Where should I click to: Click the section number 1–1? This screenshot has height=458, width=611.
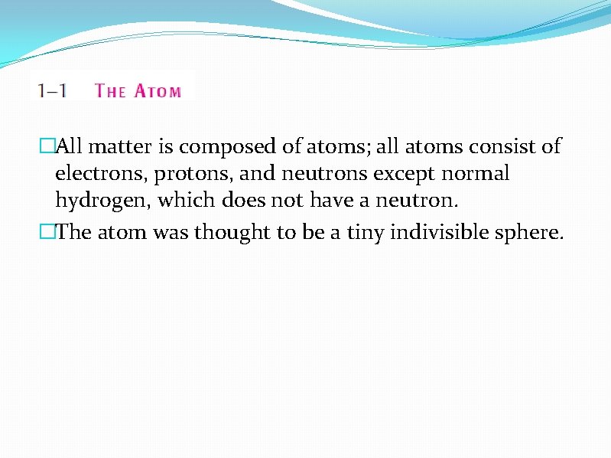(52, 90)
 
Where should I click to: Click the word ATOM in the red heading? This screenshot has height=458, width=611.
(158, 91)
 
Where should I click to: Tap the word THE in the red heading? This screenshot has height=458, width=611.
(110, 91)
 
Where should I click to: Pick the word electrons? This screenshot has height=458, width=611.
(101, 174)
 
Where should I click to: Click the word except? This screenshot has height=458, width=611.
(403, 175)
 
